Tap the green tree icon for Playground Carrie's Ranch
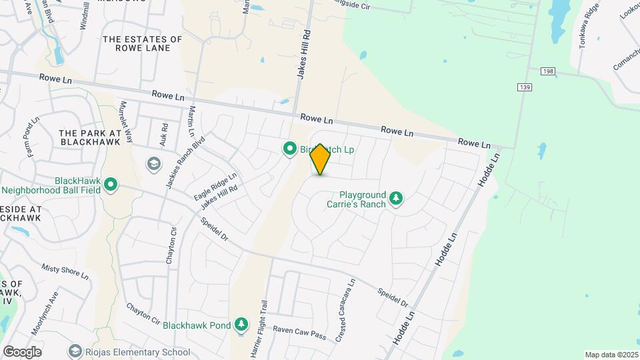point(397,198)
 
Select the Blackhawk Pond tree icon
point(242,325)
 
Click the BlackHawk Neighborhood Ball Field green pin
point(111,184)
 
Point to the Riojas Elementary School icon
point(75,351)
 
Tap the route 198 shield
point(529,70)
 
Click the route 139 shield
point(524,87)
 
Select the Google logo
point(22,351)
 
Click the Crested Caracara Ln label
point(346,311)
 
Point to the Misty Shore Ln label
point(65,271)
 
